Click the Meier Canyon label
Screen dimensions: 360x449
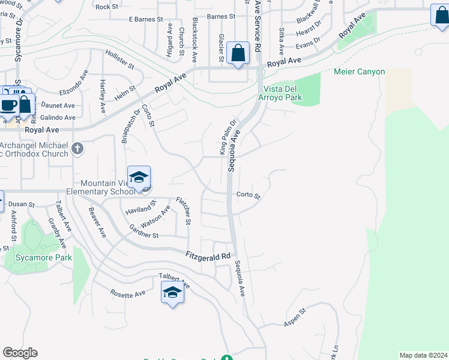[x=359, y=72]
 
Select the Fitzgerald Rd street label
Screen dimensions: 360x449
[x=208, y=256]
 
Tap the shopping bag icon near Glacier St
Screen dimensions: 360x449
[x=238, y=53]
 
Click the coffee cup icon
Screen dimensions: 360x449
[x=8, y=105]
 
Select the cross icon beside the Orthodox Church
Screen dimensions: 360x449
[x=77, y=148]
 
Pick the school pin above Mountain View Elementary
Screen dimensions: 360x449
[x=139, y=178]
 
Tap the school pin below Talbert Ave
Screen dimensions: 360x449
[x=172, y=293]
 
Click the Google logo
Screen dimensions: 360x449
[x=20, y=353]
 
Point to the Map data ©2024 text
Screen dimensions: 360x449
[x=423, y=355]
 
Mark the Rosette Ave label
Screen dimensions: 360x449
[x=128, y=294]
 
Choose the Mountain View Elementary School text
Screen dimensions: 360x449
[x=106, y=187]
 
